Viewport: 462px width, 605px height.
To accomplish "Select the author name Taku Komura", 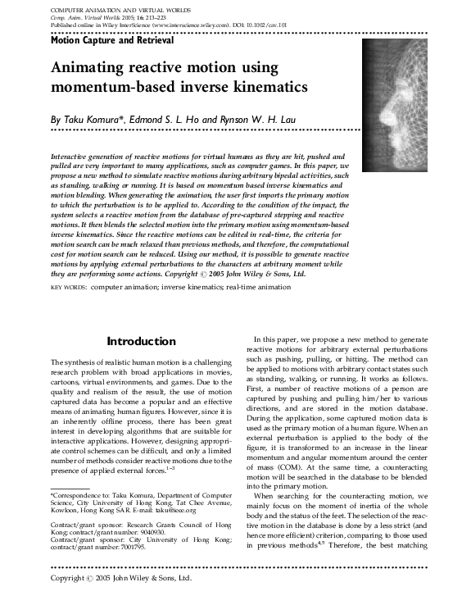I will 96,120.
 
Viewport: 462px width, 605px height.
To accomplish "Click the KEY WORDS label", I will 68,289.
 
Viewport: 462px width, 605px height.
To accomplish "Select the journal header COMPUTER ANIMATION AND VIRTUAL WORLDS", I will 122,7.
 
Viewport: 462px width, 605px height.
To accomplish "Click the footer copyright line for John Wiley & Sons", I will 121,578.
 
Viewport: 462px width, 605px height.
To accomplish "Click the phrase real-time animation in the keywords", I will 267,289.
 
